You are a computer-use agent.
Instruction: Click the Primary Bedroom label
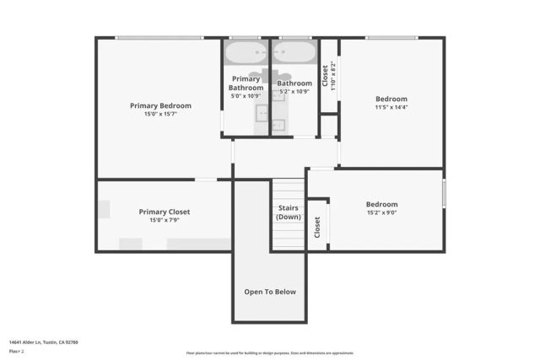pyautogui.click(x=160, y=105)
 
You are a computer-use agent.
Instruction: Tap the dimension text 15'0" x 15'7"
pyautogui.click(x=160, y=115)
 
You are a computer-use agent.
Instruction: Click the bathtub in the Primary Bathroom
pyautogui.click(x=246, y=56)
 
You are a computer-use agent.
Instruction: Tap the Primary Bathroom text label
pyautogui.click(x=246, y=83)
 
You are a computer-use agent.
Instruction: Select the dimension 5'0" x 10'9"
pyautogui.click(x=246, y=96)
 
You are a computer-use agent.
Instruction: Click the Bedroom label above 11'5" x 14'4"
pyautogui.click(x=391, y=99)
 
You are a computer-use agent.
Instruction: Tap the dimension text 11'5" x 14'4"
pyautogui.click(x=391, y=108)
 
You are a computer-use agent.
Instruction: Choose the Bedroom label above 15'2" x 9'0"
pyautogui.click(x=381, y=204)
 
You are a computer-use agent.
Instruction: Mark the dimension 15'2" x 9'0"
pyautogui.click(x=381, y=213)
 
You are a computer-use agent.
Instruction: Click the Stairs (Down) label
pyautogui.click(x=288, y=212)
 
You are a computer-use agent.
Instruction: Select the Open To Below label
pyautogui.click(x=270, y=292)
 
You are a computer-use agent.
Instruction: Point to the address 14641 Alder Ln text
pyautogui.click(x=43, y=341)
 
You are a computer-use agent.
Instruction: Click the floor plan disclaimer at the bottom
pyautogui.click(x=270, y=352)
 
